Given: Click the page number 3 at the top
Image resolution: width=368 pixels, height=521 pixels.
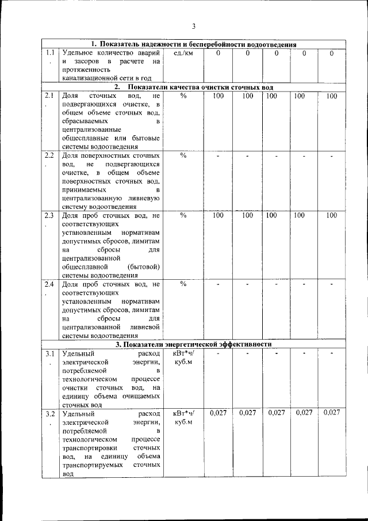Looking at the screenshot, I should [x=194, y=26].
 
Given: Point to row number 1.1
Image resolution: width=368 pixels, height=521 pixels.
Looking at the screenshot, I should [x=51, y=53].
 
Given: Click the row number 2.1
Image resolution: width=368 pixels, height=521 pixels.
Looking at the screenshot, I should [x=49, y=96].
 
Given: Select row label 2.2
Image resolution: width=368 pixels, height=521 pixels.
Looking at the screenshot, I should [x=49, y=155].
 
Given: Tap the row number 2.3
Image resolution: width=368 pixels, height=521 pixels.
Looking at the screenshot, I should [x=49, y=215].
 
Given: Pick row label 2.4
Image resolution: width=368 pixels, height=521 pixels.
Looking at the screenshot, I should [x=49, y=284].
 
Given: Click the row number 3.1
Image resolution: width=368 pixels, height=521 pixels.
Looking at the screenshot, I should [x=50, y=353].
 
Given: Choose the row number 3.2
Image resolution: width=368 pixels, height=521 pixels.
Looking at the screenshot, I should [x=50, y=413].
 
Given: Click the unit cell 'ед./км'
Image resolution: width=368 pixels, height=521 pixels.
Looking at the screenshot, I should [x=183, y=53].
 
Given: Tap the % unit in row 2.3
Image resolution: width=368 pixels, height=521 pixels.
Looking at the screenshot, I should [x=183, y=215].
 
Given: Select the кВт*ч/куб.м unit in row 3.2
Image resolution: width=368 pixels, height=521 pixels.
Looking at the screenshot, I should [x=183, y=417].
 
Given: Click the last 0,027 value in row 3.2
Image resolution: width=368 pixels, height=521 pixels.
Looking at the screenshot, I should [x=332, y=413].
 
